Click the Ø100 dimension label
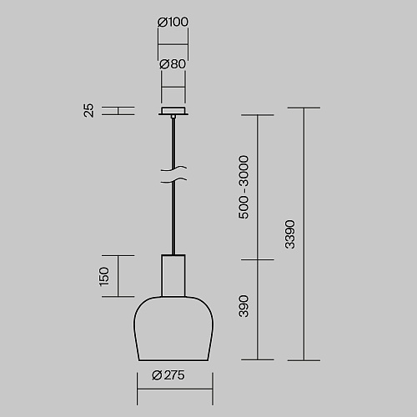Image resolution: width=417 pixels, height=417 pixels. [x=173, y=22]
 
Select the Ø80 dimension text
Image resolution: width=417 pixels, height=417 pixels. [x=173, y=64]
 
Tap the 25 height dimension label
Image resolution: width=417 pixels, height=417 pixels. [x=89, y=111]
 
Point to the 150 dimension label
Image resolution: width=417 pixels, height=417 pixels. [x=104, y=277]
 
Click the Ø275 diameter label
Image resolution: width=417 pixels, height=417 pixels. [x=168, y=375]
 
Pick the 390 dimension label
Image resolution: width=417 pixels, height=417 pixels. [x=244, y=306]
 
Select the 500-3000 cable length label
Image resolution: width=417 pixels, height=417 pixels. [x=244, y=187]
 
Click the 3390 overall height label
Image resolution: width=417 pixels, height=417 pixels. [x=290, y=234]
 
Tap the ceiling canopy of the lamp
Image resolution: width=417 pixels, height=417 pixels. [x=173, y=111]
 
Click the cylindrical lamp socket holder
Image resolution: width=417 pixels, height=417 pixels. [x=173, y=275]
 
